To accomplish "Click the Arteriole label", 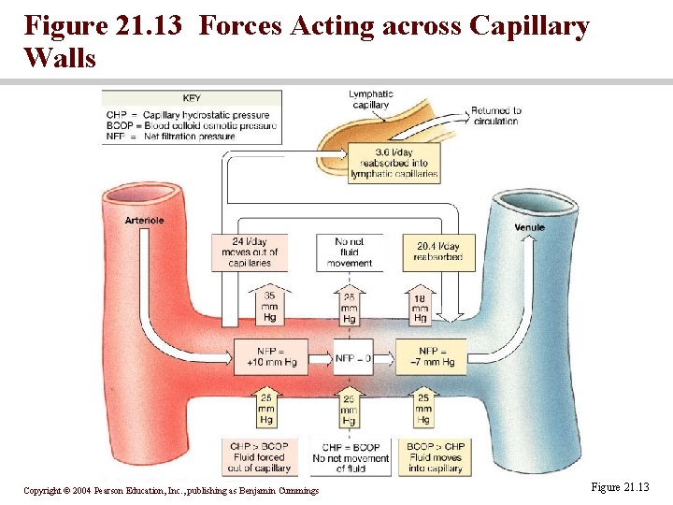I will click(146, 221).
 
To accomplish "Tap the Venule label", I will click(529, 227).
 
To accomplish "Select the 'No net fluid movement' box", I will click(350, 252).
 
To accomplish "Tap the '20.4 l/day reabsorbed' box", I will click(437, 252).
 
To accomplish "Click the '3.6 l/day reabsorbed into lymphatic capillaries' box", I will click(380, 163).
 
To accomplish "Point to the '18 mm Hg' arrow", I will click(421, 307).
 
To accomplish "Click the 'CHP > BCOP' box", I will click(259, 457).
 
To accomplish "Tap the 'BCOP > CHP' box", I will click(437, 457).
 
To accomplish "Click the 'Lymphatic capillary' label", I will click(370, 99).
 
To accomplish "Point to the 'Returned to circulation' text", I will click(495, 115).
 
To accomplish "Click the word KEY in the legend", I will click(193, 97).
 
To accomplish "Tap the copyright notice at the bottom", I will click(171, 491).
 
